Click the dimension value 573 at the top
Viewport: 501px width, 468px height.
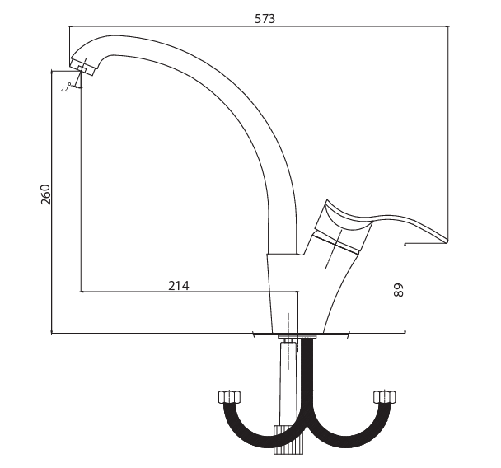[265, 19]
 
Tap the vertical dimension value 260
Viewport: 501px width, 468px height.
[45, 194]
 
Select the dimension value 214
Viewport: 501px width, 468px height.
[179, 286]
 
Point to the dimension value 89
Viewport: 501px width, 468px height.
[399, 290]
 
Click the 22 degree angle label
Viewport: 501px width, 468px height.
[65, 88]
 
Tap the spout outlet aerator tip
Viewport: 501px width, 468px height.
[82, 68]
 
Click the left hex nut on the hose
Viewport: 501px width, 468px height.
[229, 397]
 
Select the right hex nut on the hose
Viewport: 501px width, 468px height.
[384, 397]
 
